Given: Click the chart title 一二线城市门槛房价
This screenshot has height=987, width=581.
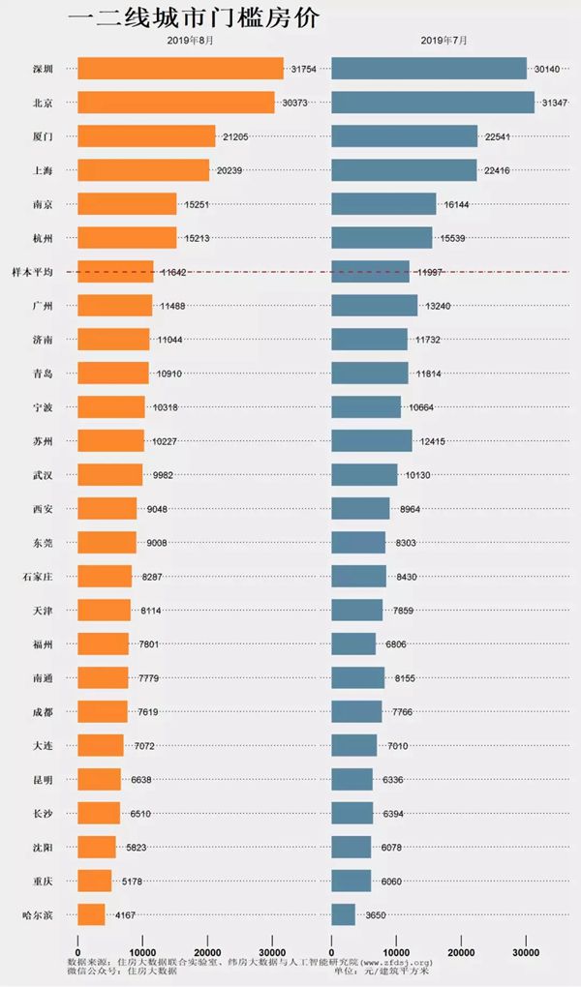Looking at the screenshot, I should [194, 18].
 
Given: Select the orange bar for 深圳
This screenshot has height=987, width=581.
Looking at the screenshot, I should [180, 69].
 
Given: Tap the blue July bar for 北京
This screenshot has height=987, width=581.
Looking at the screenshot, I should [433, 103].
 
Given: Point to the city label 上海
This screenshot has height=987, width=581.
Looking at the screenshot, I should [42, 170].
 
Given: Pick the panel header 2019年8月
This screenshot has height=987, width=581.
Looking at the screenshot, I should [190, 43].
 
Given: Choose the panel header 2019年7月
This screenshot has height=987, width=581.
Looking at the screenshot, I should [443, 43].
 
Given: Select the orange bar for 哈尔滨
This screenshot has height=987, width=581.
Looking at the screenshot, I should [91, 914].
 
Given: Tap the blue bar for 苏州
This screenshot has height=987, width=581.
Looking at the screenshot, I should [372, 441].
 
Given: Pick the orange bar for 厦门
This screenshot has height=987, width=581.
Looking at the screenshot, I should [146, 136].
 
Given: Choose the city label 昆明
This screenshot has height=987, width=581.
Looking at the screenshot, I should [42, 780].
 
